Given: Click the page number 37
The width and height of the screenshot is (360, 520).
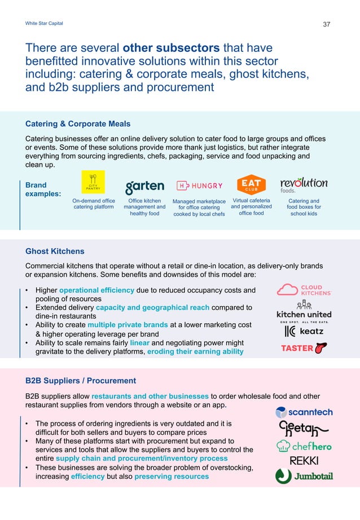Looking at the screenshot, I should (326, 24).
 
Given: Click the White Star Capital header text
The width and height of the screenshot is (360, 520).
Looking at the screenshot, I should (45, 23).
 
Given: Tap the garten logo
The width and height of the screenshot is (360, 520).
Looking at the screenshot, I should (144, 186).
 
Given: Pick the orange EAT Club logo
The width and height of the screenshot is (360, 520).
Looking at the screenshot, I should (251, 184).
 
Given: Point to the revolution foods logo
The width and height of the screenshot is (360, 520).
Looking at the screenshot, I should (303, 185).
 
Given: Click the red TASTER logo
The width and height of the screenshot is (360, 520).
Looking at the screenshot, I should (304, 348).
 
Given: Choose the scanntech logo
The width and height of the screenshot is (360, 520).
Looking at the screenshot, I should (304, 412).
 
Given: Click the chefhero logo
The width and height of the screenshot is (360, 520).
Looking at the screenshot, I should (304, 446).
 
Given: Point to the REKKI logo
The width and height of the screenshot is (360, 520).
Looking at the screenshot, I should (304, 461).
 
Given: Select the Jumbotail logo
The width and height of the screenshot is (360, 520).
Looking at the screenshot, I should (304, 477).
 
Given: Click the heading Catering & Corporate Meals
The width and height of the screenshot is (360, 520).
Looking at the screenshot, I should (78, 124).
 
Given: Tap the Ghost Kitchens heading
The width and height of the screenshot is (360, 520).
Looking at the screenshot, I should (55, 252).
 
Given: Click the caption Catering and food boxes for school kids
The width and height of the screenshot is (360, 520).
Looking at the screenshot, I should (303, 207).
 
